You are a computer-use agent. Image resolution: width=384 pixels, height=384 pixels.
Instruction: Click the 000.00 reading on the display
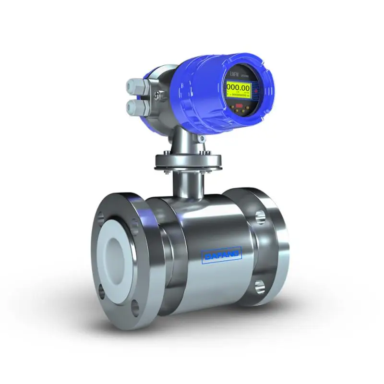click(239, 88)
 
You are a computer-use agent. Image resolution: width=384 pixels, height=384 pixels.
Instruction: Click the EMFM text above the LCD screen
click(233, 75)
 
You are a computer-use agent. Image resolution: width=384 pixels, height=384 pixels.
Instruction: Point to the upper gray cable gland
click(134, 86)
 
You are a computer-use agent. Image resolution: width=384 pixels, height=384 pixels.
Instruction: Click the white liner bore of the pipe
click(117, 254)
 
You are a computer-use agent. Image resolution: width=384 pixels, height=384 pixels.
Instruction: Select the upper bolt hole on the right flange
click(261, 216)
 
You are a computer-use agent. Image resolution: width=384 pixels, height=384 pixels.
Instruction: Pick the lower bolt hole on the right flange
click(259, 287)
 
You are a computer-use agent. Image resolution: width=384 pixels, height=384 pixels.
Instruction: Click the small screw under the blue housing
click(201, 139)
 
